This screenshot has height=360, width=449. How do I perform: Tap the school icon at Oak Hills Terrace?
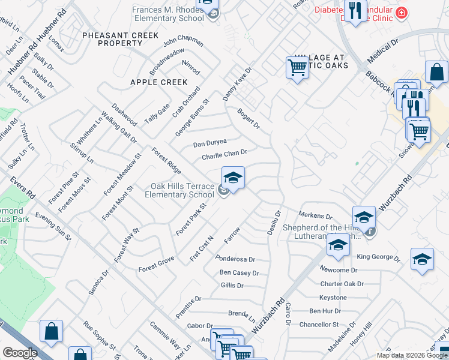233,178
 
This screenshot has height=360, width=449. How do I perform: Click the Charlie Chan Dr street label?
229,154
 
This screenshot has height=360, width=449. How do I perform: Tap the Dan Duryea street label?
209,143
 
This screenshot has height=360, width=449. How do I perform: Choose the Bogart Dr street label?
248,118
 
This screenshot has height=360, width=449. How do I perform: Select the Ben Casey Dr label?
239,273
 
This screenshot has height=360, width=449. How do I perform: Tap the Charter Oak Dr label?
343,284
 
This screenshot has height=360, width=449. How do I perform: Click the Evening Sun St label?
53,226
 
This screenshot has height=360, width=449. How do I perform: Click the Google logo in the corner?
20,353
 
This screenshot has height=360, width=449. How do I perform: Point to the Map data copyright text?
411,355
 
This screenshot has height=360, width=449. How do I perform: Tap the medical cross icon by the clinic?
401,12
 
